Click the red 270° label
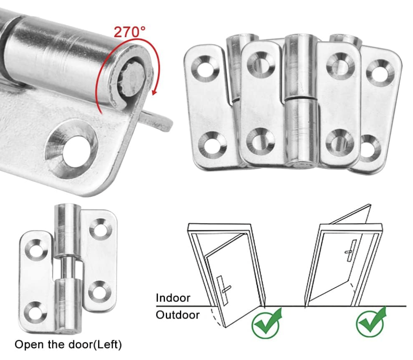(x=129, y=32)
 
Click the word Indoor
(x=173, y=298)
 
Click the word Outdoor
(x=178, y=315)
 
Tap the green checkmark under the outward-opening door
(x=266, y=323)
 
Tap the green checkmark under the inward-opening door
(x=371, y=322)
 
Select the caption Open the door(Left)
(x=68, y=345)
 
